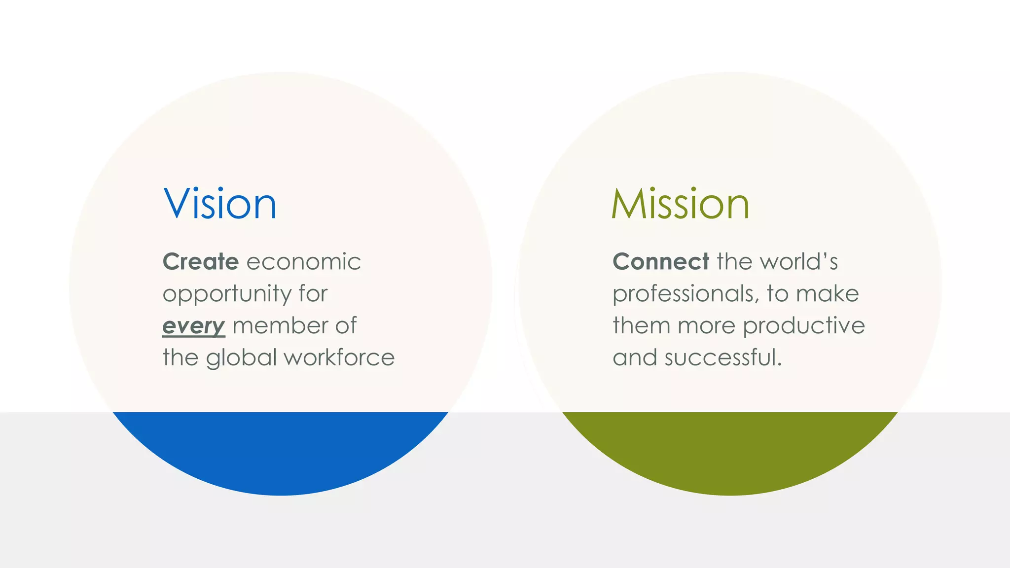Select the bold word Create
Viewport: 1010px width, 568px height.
coord(201,261)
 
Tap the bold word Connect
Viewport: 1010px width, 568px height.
coord(661,261)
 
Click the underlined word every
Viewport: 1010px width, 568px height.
coord(193,326)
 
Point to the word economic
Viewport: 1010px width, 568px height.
coord(303,261)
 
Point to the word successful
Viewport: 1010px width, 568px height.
coord(723,357)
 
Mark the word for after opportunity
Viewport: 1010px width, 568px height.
coord(313,294)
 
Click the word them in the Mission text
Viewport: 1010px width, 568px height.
coord(641,325)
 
